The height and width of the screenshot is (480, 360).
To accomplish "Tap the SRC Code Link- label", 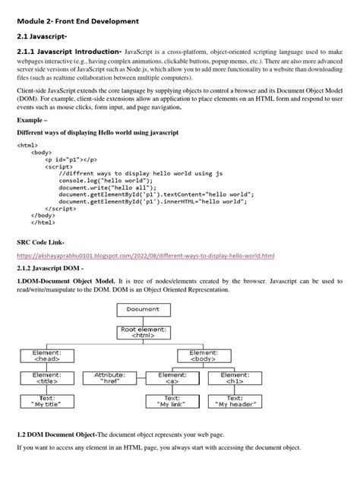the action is coord(44,241).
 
